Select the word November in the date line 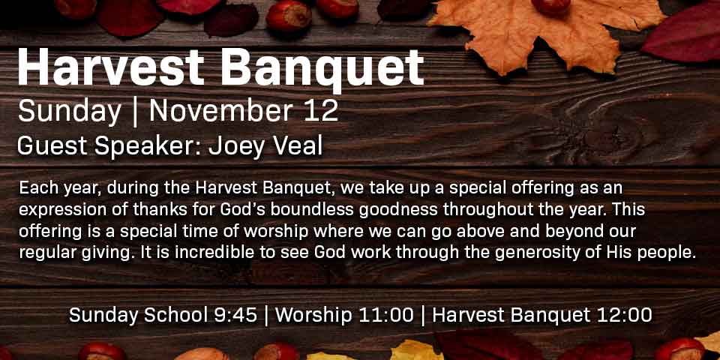(221, 111)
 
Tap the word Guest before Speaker (52, 146)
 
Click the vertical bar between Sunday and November (135, 112)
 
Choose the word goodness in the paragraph (398, 210)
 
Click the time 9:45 (236, 315)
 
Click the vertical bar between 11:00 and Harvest (423, 316)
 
